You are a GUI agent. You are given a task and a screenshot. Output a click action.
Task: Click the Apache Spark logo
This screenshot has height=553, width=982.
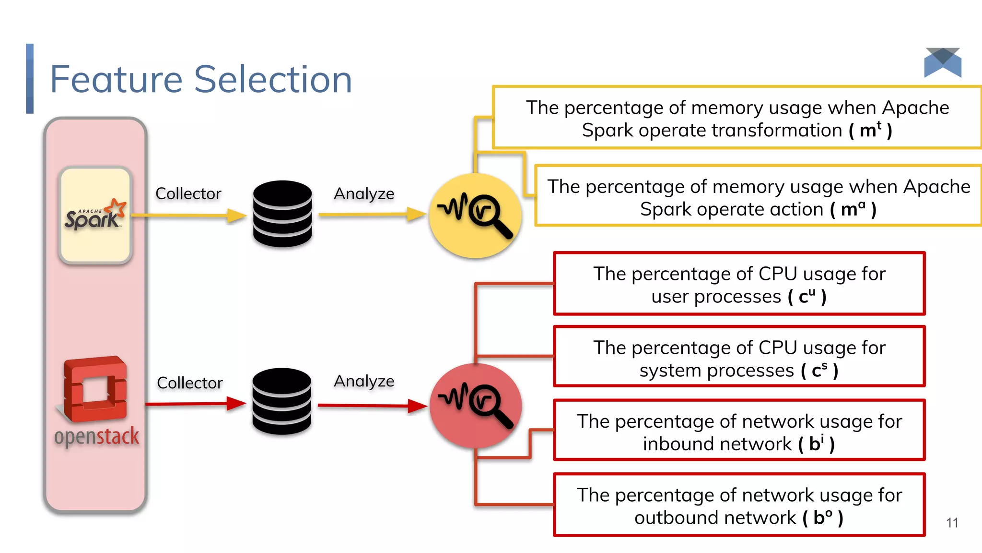click(95, 215)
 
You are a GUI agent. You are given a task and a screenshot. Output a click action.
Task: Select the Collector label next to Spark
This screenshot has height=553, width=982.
click(188, 193)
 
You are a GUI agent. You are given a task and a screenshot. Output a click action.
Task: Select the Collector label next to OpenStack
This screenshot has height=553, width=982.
click(189, 383)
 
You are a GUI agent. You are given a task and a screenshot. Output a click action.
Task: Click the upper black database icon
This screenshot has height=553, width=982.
click(282, 214)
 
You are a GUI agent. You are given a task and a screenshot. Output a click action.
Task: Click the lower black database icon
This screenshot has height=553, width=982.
click(282, 401)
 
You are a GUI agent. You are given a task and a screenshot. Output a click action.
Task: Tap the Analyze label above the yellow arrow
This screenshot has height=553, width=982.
click(364, 193)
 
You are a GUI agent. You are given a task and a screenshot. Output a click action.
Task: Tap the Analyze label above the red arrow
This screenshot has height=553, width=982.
click(364, 381)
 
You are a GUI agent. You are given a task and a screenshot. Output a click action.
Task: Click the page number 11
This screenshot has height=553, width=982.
click(952, 523)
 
